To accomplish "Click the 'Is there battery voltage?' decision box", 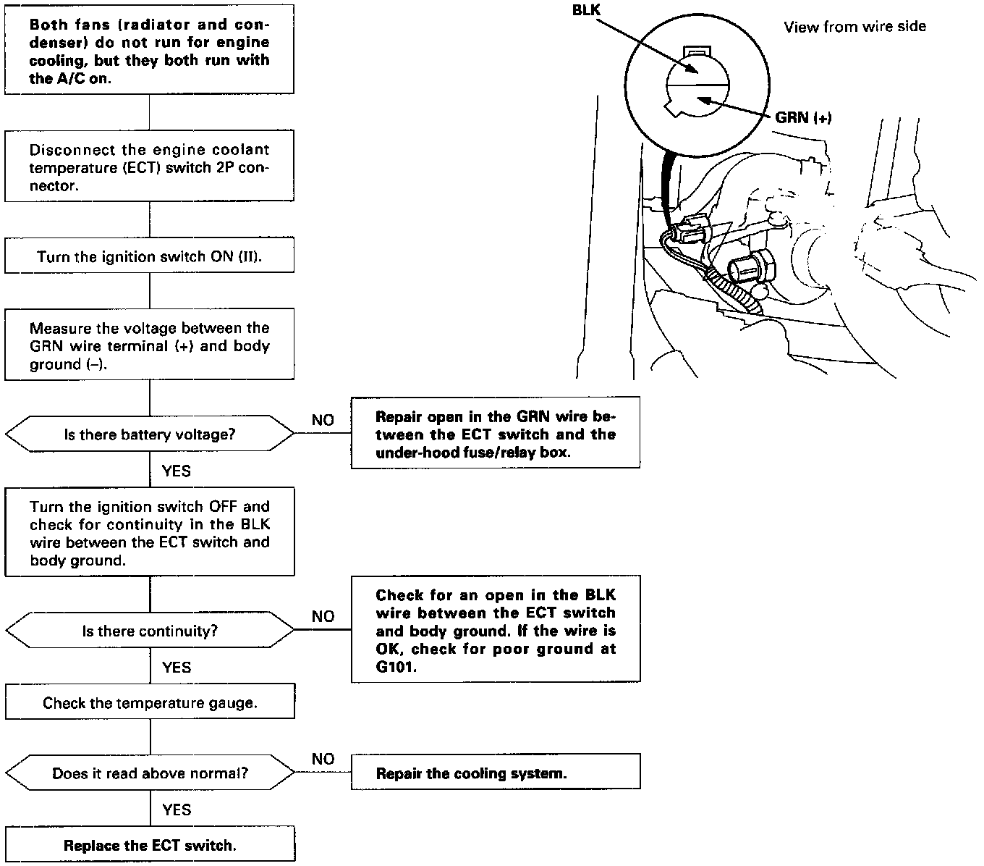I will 150,434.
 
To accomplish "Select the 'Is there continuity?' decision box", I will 150,631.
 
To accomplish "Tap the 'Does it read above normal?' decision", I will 150,773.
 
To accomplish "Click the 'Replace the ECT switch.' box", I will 150,845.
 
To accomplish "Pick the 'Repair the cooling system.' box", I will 496,773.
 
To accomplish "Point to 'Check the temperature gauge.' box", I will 150,702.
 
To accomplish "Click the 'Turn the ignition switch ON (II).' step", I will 150,257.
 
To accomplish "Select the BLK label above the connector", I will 585,11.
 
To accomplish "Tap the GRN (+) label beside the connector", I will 803,117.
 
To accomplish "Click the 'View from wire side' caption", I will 854,27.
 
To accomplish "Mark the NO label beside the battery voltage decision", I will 323,420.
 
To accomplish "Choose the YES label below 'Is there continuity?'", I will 176,667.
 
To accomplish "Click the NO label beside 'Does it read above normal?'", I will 323,759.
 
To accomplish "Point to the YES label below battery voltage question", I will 176,471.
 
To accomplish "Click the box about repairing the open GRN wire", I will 496,434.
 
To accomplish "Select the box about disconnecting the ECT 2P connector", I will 150,167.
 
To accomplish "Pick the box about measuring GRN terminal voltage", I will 150,346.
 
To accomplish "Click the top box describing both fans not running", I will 150,51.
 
